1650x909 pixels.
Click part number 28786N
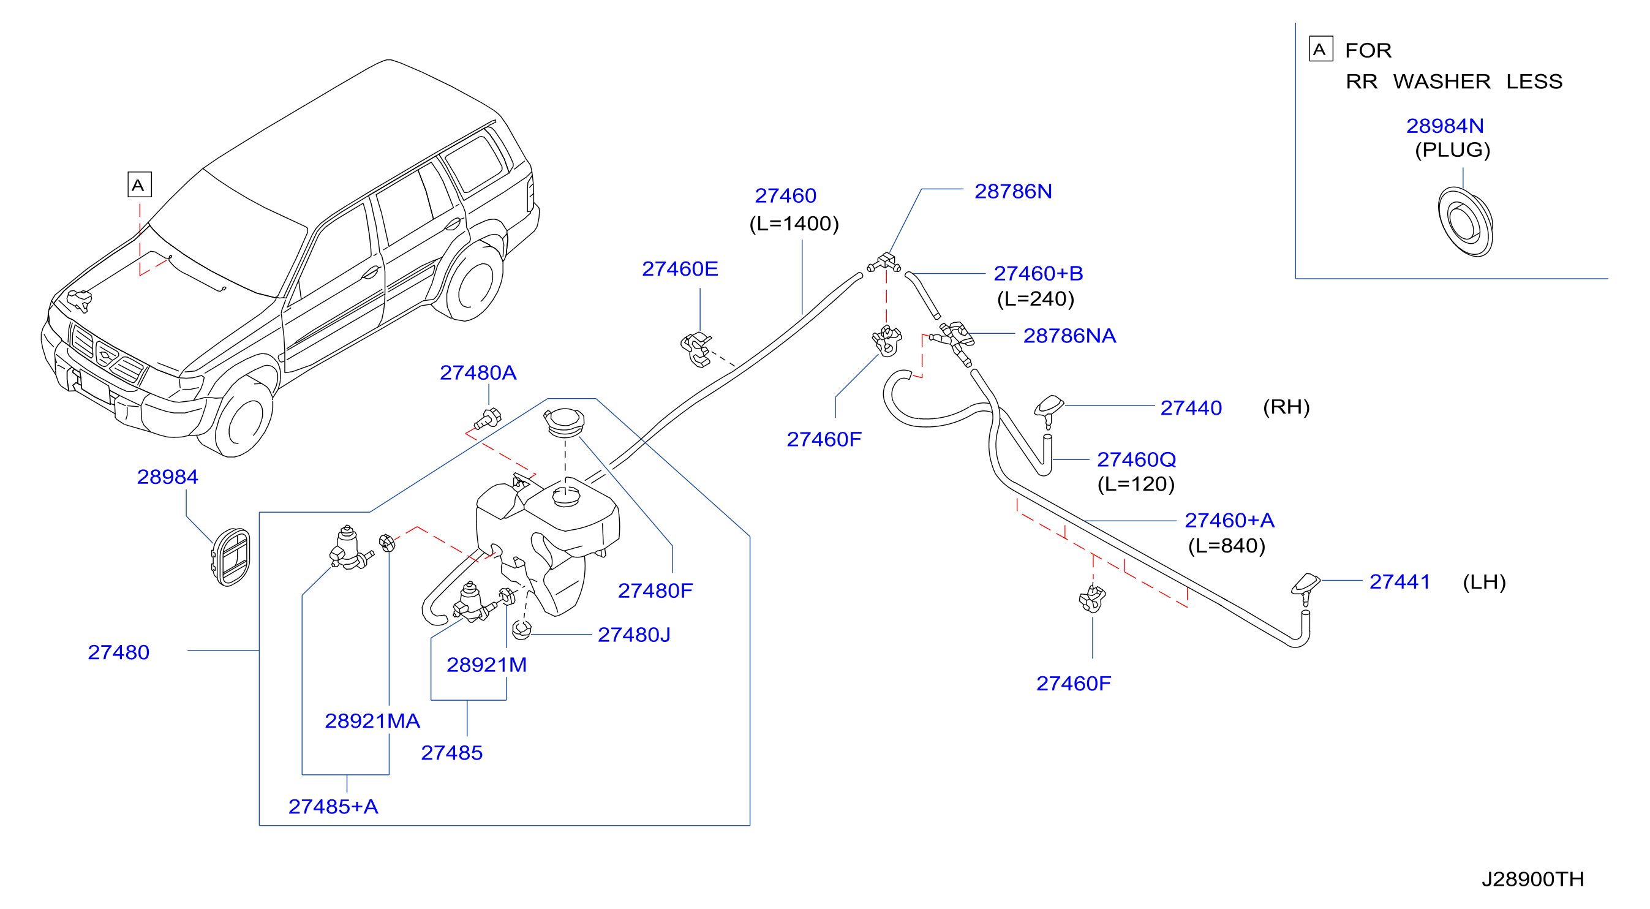[1012, 192]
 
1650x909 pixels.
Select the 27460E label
[680, 269]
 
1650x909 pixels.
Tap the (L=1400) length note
[794, 224]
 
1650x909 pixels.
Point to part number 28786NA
[1069, 336]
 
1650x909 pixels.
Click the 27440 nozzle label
[1191, 407]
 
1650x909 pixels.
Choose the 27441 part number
[1399, 582]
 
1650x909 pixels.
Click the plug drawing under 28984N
[1465, 222]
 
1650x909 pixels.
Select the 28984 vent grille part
[230, 557]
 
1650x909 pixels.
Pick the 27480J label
[633, 635]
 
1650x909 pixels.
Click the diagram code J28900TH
[1532, 879]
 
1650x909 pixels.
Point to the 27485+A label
[333, 807]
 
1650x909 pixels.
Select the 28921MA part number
[372, 722]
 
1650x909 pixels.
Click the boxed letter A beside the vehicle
[140, 184]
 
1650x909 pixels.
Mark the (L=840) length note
[1227, 546]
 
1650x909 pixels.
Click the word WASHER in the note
[1441, 82]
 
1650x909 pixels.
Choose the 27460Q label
[1136, 460]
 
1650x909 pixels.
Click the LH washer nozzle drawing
[1305, 588]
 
